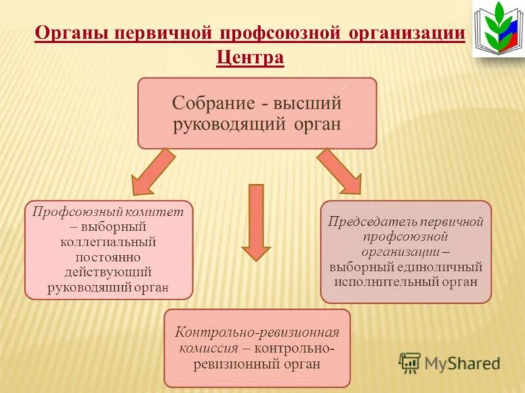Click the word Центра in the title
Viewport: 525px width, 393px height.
[x=250, y=58]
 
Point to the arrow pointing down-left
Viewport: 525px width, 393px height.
[x=153, y=172]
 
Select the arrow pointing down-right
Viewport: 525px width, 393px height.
[x=340, y=172]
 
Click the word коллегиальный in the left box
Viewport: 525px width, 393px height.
[x=109, y=242]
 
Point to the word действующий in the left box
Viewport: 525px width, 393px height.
[x=109, y=271]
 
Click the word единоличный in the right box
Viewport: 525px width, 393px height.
[x=444, y=267]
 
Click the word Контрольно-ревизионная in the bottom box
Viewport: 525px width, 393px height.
[x=257, y=332]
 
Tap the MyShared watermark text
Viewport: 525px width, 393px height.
[x=462, y=362]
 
